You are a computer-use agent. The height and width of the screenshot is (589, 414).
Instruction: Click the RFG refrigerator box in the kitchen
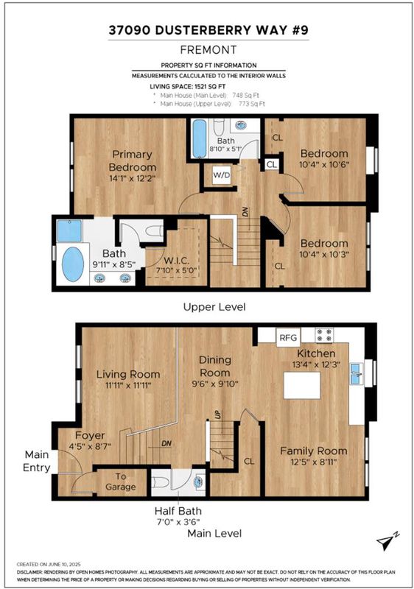point(289,337)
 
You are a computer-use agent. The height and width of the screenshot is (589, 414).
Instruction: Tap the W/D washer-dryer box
point(222,175)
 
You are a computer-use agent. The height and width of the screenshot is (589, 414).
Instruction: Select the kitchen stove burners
point(324,335)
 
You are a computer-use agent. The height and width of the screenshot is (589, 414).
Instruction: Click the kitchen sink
point(356,374)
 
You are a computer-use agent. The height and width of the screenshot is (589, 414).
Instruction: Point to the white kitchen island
point(302,385)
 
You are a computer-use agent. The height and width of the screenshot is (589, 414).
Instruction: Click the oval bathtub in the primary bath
point(72,264)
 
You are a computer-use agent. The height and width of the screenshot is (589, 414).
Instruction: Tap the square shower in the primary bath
point(69,230)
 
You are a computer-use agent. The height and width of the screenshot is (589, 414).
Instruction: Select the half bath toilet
point(161,482)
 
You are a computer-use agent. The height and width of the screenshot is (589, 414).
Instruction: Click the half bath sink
point(199,482)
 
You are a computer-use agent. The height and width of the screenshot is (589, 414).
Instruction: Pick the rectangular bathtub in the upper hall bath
point(200,138)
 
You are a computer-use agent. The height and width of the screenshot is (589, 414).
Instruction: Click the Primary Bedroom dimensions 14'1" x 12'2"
point(133,178)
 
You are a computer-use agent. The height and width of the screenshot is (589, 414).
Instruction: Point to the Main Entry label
point(36,461)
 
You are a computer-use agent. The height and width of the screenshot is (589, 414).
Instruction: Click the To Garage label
point(120,482)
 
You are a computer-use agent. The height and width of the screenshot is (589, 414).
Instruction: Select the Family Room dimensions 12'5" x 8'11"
point(313,462)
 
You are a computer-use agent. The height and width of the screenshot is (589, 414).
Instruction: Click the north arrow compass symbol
point(387,542)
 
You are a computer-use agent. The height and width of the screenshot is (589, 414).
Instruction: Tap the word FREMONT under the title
point(208,49)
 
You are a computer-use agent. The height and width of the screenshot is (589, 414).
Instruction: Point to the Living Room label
point(128,374)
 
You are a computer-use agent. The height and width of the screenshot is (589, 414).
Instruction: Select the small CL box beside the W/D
point(272,164)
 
